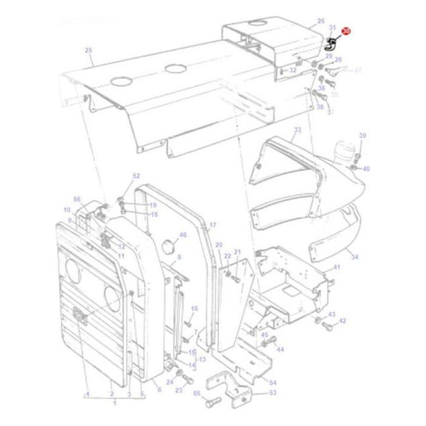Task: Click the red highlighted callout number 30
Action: (346, 32)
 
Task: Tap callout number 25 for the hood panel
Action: (89, 50)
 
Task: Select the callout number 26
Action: (321, 22)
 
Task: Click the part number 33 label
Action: (297, 130)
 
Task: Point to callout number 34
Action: (355, 257)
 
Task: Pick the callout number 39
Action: (362, 136)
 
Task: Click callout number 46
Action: (183, 234)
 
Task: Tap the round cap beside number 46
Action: (166, 246)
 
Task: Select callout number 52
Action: (136, 176)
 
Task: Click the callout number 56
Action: (77, 199)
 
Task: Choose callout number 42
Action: (342, 321)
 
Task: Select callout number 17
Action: (213, 226)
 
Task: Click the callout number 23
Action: (178, 390)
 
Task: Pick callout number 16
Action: (194, 308)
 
